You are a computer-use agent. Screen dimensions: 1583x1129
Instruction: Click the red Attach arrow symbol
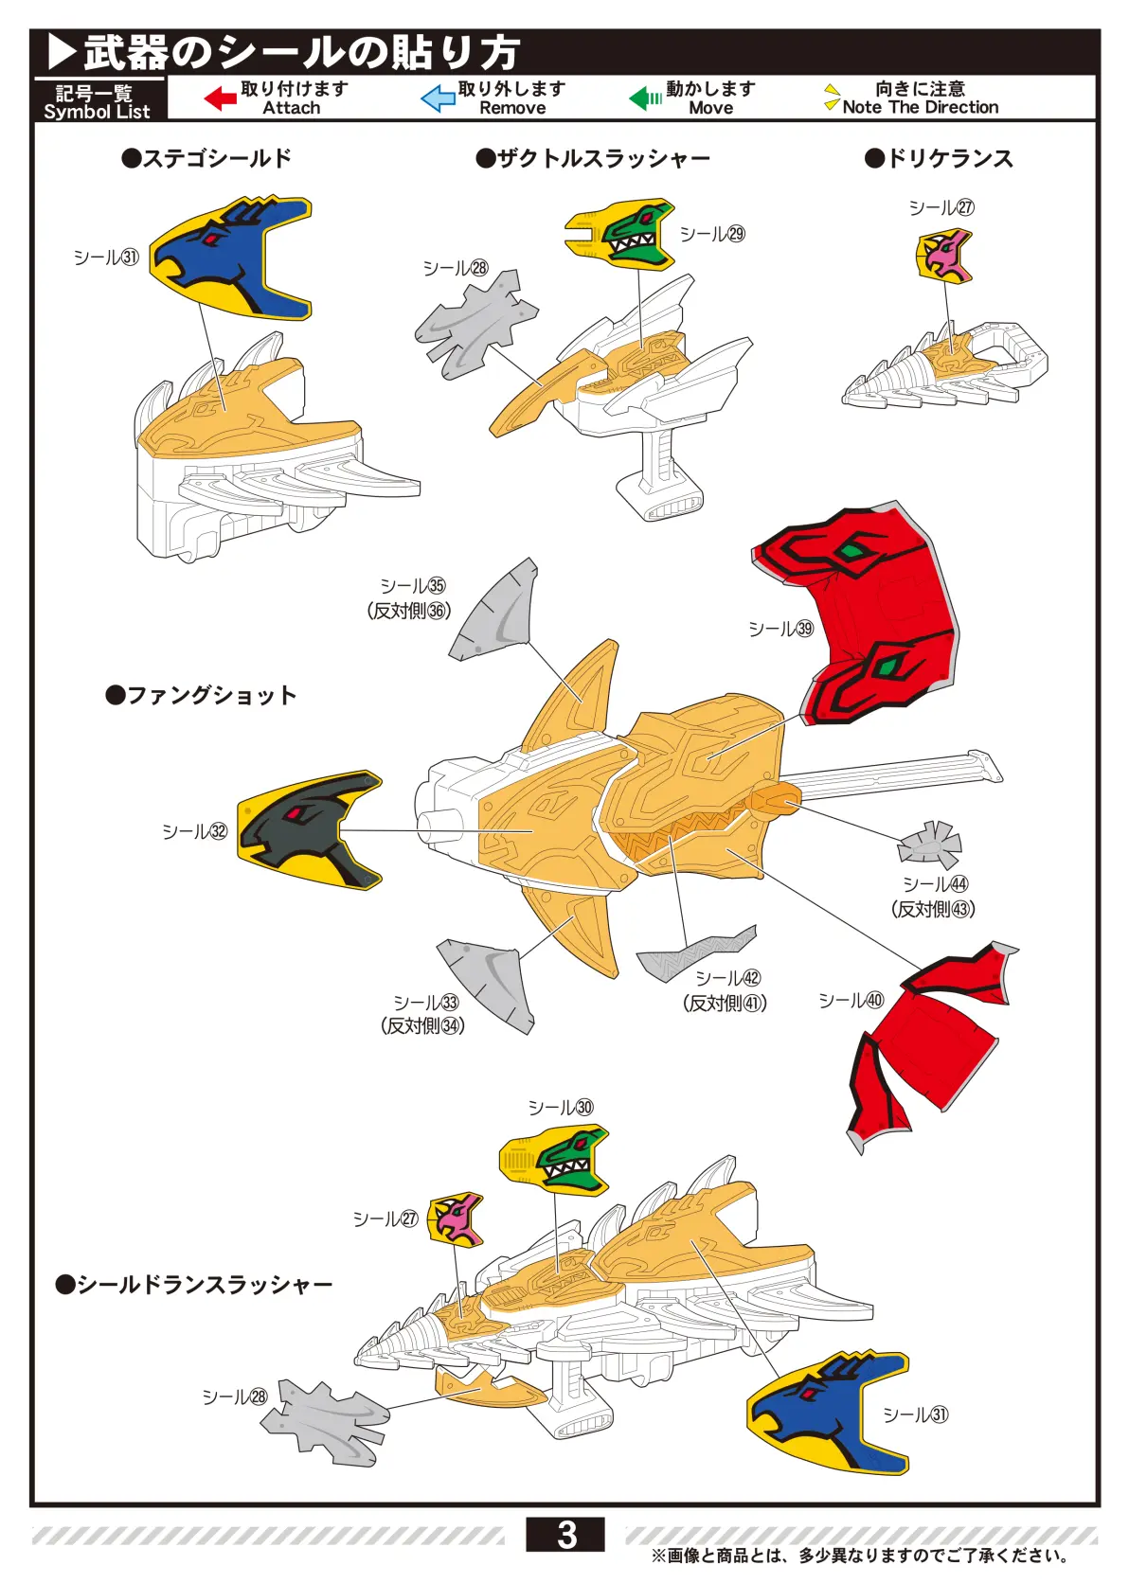click(x=220, y=98)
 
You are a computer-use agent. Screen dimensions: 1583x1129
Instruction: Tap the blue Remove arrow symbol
click(x=438, y=98)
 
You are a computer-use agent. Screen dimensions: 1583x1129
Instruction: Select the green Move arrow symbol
click(x=645, y=98)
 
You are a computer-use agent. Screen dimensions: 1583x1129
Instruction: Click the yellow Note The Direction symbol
click(x=832, y=98)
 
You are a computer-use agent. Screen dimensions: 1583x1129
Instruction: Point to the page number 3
click(x=565, y=1535)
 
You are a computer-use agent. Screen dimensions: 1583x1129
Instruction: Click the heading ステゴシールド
click(x=207, y=158)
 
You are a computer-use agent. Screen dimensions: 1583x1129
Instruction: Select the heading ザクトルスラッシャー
click(x=593, y=158)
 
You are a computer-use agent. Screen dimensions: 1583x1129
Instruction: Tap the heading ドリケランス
click(x=939, y=158)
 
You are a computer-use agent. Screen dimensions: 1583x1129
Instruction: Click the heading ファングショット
click(x=202, y=696)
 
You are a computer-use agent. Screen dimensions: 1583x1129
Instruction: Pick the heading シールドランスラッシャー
click(x=194, y=1285)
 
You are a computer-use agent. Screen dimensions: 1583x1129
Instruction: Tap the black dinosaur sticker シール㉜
click(x=308, y=828)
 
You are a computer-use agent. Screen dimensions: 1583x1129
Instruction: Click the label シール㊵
click(x=850, y=1001)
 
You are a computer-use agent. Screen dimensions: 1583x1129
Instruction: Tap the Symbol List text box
click(x=98, y=101)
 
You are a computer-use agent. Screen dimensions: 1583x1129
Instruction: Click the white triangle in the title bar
click(x=62, y=52)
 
